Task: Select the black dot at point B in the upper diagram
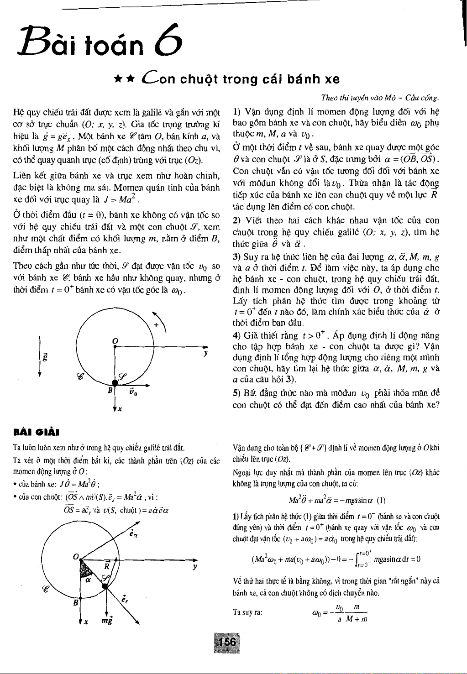point(114,383)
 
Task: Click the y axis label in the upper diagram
point(206,354)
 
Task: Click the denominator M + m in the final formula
point(357,619)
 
